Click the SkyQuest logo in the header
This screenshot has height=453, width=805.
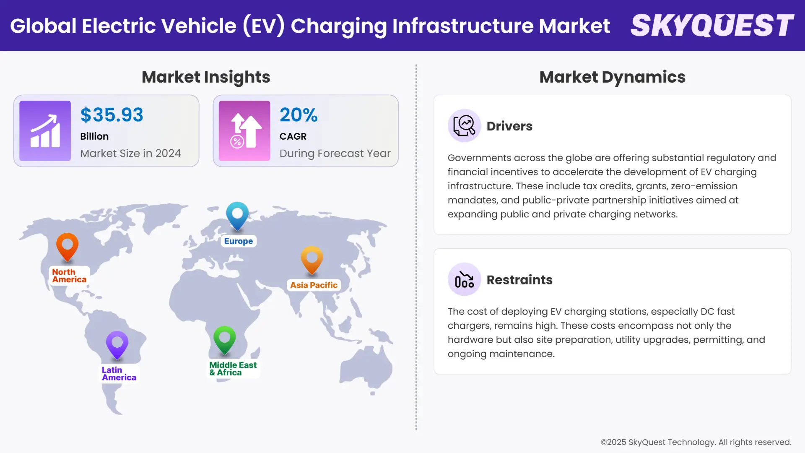712,25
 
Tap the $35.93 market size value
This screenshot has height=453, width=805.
112,115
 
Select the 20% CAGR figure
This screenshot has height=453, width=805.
299,115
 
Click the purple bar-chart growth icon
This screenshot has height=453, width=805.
45,131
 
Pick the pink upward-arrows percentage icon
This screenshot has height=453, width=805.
244,131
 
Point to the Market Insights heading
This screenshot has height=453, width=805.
206,77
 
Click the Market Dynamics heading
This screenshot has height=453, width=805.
612,77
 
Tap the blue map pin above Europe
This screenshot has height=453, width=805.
237,215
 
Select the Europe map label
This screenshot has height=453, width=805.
238,241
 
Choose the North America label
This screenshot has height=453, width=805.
69,276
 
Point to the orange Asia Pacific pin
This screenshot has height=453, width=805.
312,259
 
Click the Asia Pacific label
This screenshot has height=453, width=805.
314,285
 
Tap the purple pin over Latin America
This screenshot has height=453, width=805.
117,344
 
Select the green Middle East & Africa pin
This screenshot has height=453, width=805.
224,339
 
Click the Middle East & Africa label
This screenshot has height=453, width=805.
233,369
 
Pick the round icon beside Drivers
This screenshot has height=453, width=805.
464,125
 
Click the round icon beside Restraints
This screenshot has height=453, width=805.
464,279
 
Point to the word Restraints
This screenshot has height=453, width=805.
519,280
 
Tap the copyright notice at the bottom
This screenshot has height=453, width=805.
696,442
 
